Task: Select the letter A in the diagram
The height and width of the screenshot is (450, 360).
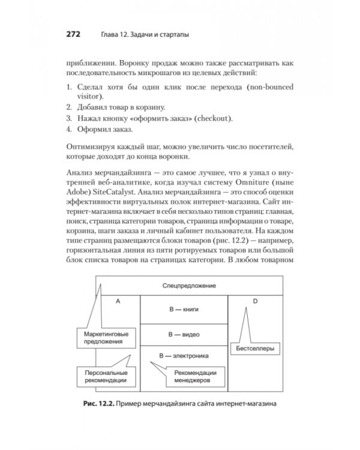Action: (x=118, y=301)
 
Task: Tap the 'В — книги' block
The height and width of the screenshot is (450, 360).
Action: (x=183, y=310)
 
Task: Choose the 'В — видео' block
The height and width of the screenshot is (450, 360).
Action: (x=183, y=333)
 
